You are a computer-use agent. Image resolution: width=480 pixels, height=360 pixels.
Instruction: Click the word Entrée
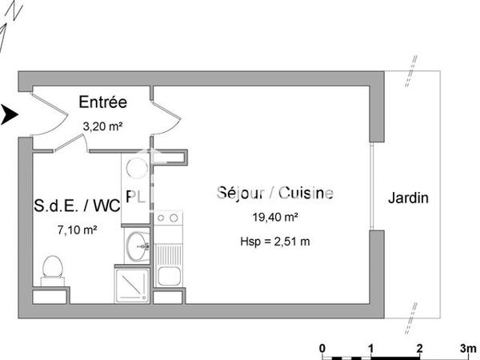coord(103,102)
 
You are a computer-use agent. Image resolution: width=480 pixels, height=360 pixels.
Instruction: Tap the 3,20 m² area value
coord(102,126)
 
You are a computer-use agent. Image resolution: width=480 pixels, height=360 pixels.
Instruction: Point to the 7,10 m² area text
coord(78,230)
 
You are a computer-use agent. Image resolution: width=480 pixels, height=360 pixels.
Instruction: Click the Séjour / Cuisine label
coord(275,193)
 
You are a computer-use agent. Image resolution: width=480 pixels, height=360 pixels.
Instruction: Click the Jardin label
coord(408,198)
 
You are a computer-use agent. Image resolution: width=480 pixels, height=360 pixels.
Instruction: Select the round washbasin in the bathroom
coord(137,243)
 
